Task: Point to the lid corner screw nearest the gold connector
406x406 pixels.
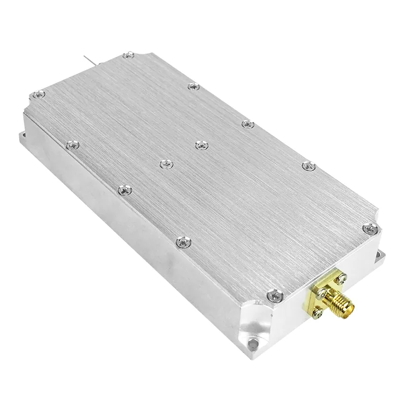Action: pos(274,294)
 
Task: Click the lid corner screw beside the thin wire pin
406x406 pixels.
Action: pos(129,54)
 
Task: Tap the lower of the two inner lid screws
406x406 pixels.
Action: pos(165,164)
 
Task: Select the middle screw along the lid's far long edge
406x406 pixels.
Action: pos(247,124)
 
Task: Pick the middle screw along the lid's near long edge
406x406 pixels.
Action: pos(123,190)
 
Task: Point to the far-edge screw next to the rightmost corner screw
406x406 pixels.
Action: pos(309,165)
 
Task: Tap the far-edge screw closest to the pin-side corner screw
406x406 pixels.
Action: pos(192,87)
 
